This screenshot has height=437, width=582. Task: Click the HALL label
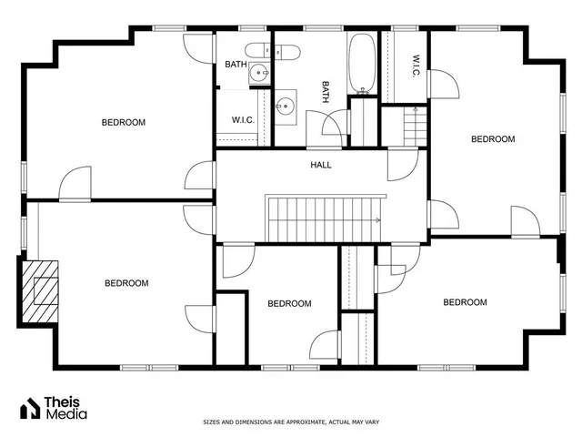(320, 165)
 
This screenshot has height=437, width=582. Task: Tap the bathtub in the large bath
(363, 65)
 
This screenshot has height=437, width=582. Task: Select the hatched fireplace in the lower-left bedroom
(41, 290)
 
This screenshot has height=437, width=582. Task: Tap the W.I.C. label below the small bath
(242, 119)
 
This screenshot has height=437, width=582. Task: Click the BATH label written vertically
(324, 92)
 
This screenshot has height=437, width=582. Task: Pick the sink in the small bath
(260, 74)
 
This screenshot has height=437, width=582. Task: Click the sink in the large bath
(286, 105)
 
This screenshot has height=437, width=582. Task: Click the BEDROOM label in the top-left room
(123, 122)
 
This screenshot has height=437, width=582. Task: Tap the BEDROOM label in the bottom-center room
(289, 304)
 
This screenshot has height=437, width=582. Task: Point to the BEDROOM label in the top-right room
(492, 139)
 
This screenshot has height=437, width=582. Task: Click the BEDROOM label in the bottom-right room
(465, 302)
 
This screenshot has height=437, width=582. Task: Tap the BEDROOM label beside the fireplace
(125, 283)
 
